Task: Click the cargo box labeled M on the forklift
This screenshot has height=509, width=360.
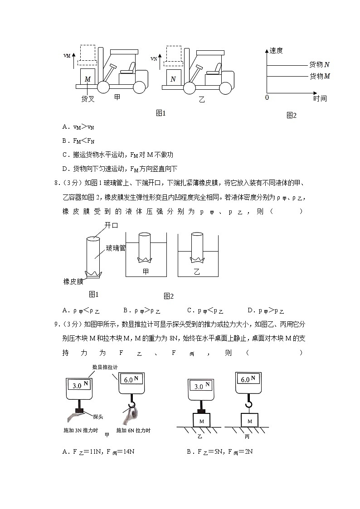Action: point(88,78)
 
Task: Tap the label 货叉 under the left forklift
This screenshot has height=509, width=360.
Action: point(88,99)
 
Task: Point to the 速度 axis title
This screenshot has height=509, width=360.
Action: point(276,51)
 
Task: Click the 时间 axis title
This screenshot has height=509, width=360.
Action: point(320,98)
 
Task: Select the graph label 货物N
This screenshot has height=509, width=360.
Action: point(319,65)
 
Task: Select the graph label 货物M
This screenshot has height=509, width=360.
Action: point(319,76)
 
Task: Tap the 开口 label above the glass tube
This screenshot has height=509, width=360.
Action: point(111,225)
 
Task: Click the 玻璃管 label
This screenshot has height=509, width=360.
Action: point(116,248)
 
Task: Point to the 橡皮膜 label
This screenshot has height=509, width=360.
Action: point(73,281)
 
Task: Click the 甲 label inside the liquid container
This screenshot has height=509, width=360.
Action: point(146,271)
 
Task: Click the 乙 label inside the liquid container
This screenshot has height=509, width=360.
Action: point(197,271)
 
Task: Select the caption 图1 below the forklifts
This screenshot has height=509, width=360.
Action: point(161,113)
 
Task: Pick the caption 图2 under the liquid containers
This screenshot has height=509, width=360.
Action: point(169,296)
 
